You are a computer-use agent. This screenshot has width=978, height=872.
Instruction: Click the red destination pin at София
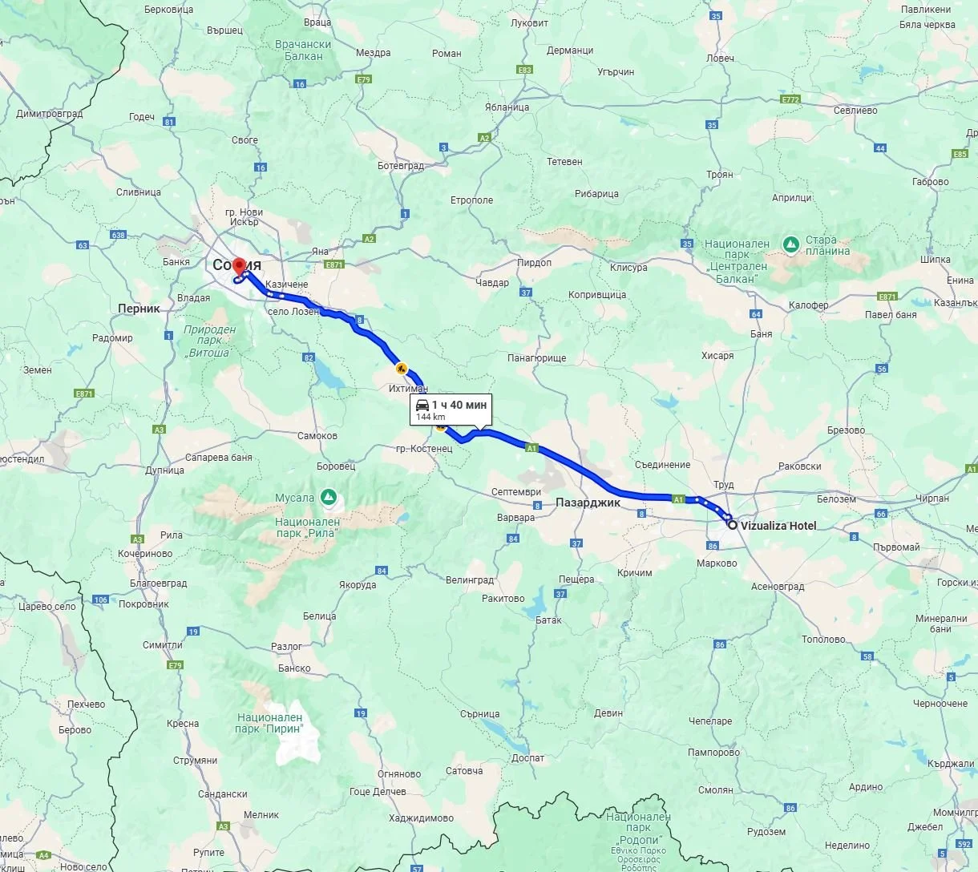tap(239, 268)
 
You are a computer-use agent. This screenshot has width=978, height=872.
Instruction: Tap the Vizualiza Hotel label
tap(778, 526)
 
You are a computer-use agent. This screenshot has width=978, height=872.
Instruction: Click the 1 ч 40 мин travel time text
tap(459, 405)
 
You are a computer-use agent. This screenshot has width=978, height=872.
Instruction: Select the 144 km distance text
tap(430, 418)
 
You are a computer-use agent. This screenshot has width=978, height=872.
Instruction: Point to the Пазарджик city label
tap(588, 503)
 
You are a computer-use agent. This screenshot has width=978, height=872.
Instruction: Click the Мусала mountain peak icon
tap(328, 497)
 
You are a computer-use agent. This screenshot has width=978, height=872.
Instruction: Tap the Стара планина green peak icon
tap(791, 243)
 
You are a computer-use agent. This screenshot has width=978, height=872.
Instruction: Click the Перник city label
tap(139, 309)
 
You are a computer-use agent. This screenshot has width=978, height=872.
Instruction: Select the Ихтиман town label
tap(408, 389)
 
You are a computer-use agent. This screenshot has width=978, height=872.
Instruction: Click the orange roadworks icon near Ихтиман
tap(400, 369)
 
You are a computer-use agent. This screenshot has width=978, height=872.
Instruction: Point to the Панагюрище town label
tap(536, 358)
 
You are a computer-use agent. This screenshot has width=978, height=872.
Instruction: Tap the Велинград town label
tap(470, 579)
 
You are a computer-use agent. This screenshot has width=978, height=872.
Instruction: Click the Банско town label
tap(294, 668)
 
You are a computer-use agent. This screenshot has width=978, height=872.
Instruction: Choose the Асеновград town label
tap(778, 587)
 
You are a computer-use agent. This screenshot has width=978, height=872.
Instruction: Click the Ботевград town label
tap(401, 166)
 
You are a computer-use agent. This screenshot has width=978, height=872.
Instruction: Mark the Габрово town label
tap(930, 182)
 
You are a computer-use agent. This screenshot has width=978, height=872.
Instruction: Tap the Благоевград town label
tap(158, 583)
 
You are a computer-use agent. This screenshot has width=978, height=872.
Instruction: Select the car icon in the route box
tap(422, 405)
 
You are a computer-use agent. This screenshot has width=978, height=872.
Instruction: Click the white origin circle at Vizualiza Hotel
tap(732, 525)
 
